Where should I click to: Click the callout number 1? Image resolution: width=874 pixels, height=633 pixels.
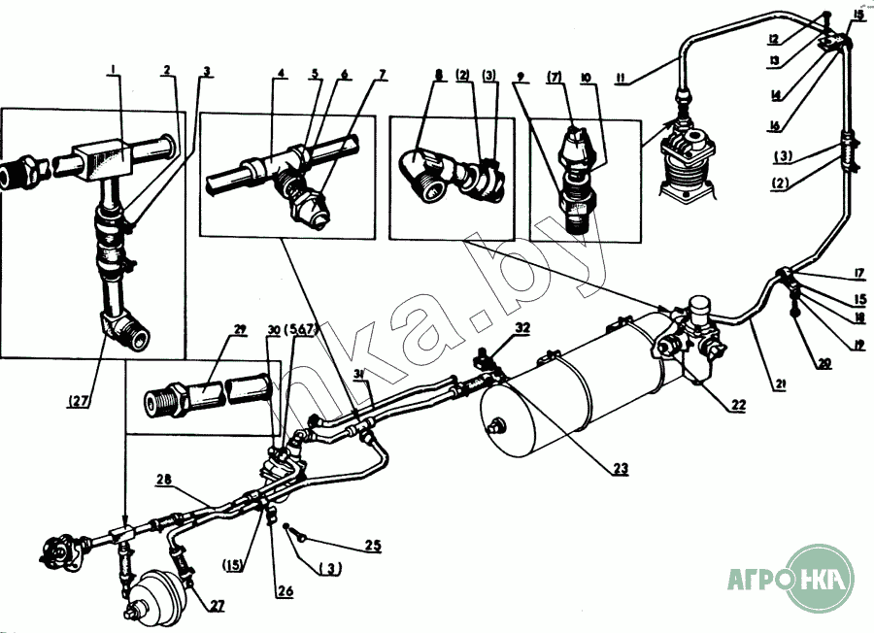(113, 69)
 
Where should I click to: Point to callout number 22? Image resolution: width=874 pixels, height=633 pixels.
(740, 405)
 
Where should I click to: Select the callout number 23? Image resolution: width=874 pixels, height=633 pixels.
(621, 469)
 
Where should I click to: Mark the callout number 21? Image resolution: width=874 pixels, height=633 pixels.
(778, 384)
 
